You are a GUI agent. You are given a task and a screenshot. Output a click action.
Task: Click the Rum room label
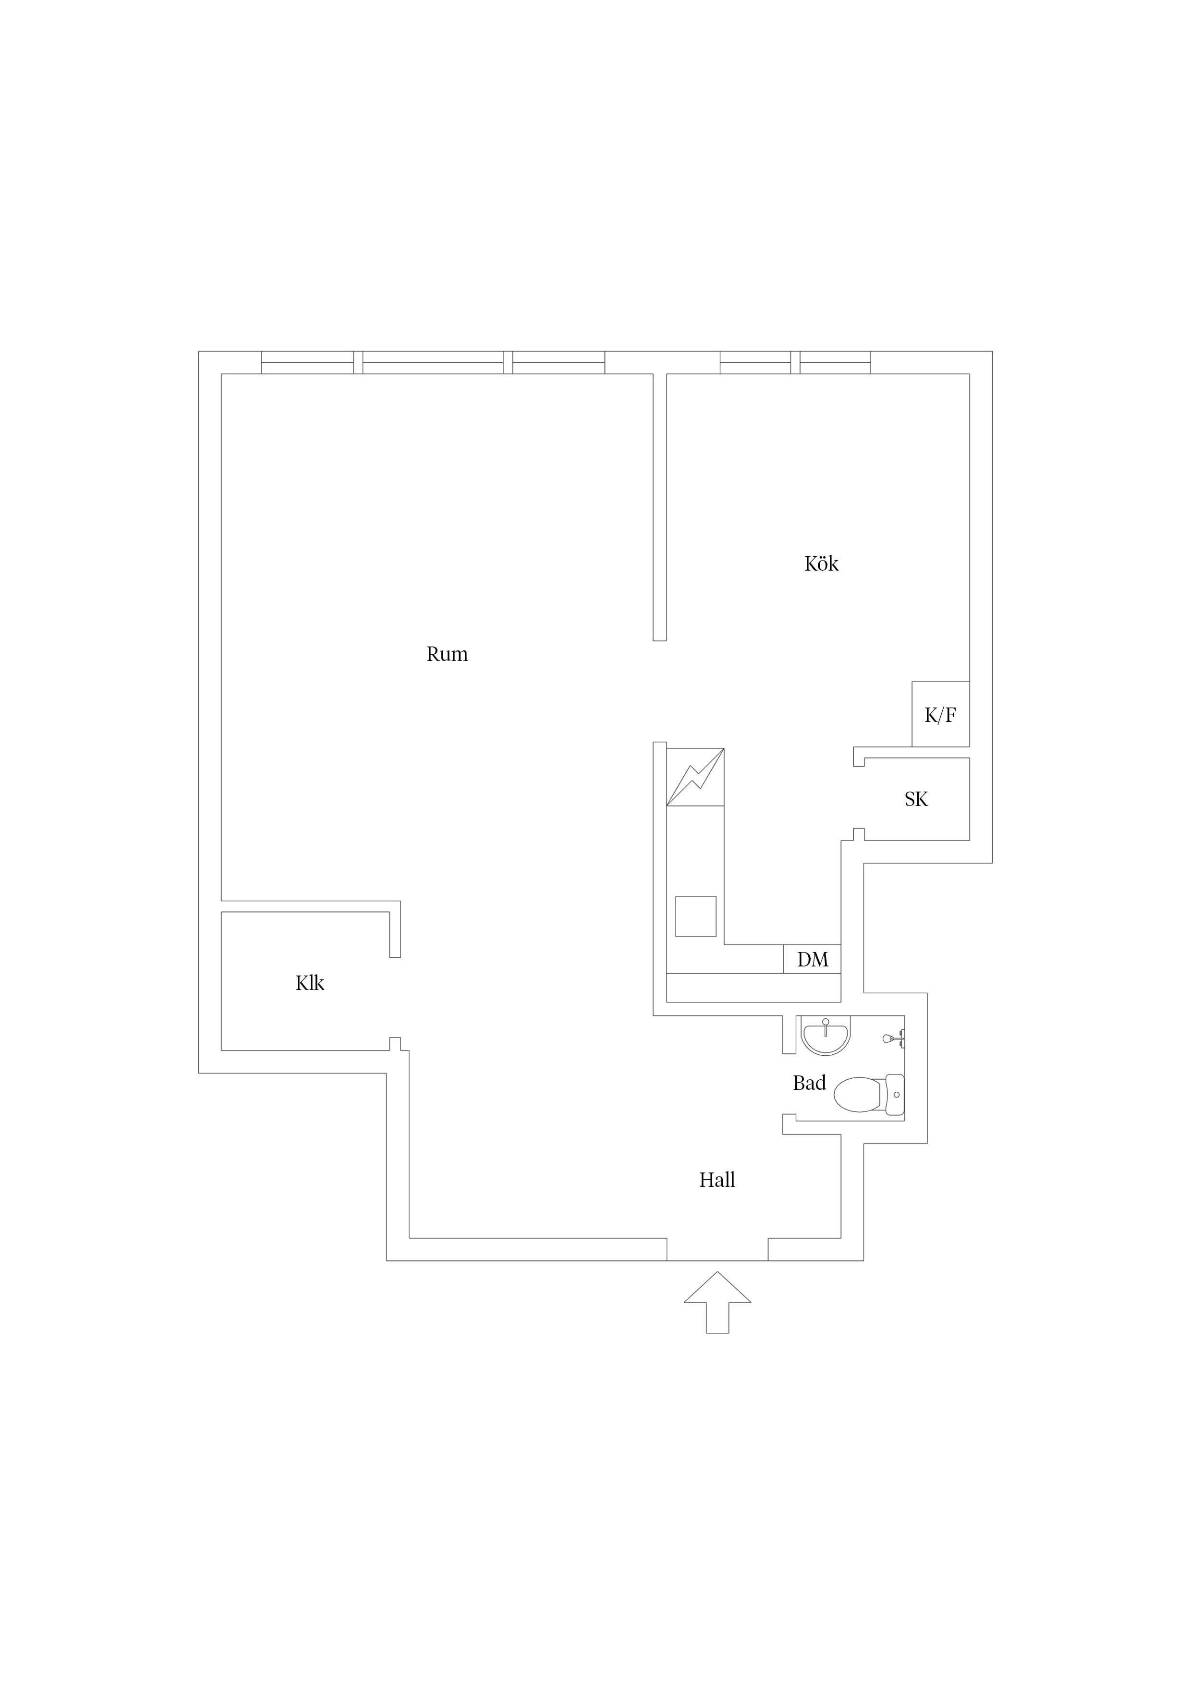click(x=447, y=654)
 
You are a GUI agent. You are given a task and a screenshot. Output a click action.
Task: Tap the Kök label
click(x=821, y=563)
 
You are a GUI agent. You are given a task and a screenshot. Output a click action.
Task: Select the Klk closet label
click(x=310, y=983)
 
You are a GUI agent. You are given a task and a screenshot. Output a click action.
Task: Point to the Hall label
click(x=717, y=1180)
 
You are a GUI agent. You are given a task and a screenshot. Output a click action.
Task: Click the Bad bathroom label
click(x=809, y=1083)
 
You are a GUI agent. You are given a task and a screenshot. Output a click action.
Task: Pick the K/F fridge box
click(x=941, y=714)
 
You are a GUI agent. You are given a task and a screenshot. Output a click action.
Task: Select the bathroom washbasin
click(x=826, y=1035)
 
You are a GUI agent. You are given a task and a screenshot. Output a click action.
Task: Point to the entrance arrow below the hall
click(x=717, y=1302)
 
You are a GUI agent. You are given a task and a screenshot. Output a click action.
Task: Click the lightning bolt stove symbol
click(x=695, y=776)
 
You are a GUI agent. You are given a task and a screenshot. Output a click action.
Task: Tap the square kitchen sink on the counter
click(x=696, y=916)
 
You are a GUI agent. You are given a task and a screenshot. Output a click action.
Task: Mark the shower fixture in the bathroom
click(x=894, y=1038)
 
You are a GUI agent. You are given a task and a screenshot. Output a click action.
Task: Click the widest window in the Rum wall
click(x=433, y=363)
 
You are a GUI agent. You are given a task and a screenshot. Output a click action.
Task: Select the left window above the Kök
click(x=755, y=363)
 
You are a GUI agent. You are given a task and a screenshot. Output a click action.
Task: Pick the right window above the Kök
click(x=835, y=363)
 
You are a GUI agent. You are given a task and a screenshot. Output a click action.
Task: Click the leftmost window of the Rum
click(x=307, y=363)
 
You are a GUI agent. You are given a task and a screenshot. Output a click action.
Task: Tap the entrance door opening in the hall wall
click(x=717, y=1250)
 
